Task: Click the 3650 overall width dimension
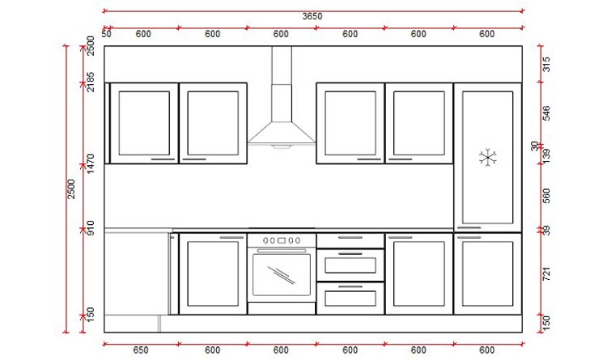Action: pos(311,16)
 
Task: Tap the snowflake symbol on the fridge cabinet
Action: pos(487,157)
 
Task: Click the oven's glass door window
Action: pos(281,273)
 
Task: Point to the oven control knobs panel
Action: pos(281,240)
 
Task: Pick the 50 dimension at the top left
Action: pos(107,34)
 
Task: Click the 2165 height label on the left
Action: pos(91,82)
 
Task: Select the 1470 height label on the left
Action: pos(91,164)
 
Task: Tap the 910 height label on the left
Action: pos(91,230)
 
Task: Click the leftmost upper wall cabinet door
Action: pos(144,123)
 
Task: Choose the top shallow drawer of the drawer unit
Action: pos(350,239)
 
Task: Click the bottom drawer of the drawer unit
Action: pos(350,297)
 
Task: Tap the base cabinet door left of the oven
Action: pos(213,273)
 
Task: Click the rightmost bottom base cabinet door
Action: pos(487,273)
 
